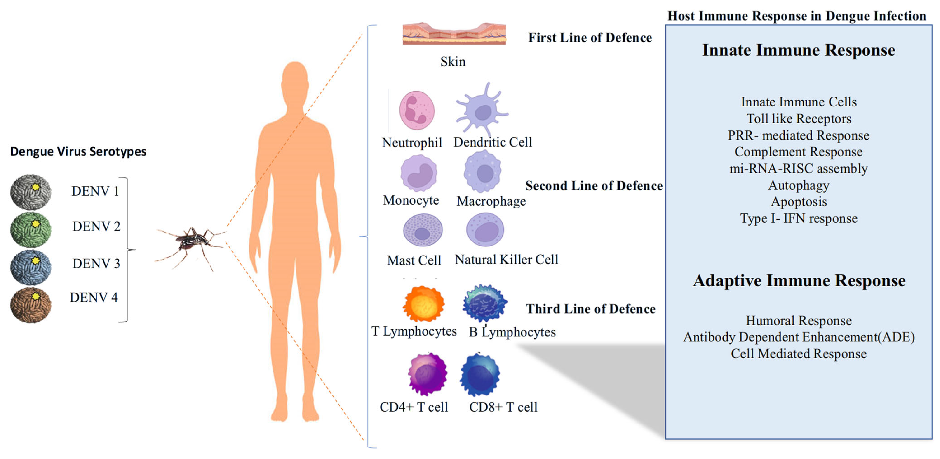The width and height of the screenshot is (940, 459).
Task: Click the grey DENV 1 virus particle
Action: [x=31, y=192]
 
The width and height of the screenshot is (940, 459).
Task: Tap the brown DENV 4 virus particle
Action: [x=31, y=305]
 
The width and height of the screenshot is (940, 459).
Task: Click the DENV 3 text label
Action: [x=96, y=263]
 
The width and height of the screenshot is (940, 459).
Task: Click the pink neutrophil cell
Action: [x=417, y=110]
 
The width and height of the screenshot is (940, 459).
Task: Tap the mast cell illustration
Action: [x=423, y=230]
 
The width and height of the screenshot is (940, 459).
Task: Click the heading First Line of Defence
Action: [x=590, y=38]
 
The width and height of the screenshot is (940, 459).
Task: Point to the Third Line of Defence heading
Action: [x=590, y=309]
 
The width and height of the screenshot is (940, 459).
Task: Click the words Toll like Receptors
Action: [x=798, y=119]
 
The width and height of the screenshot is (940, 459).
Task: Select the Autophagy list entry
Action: [x=798, y=185]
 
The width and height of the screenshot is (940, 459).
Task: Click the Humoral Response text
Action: [x=798, y=321]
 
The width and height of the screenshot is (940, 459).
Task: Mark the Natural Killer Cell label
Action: [x=506, y=260]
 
